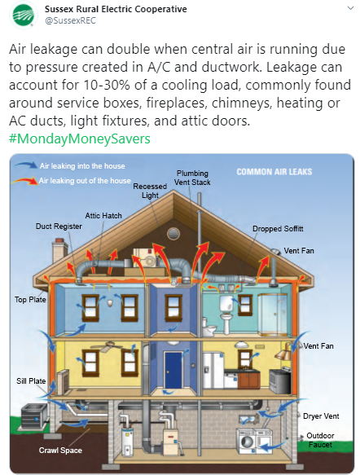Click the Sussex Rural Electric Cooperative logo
[x=24, y=15]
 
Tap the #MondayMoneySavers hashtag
[x=80, y=139]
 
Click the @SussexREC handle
[x=70, y=20]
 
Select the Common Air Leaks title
[x=274, y=172]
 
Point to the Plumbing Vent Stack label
[x=192, y=178]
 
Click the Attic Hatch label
[x=103, y=216]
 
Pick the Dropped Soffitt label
[x=278, y=229]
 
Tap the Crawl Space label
[x=60, y=451]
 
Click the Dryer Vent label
[x=321, y=416]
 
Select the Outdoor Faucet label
[x=320, y=440]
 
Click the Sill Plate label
[x=31, y=380]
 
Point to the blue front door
[x=173, y=370]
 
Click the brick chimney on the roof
[x=60, y=249]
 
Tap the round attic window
[x=173, y=234]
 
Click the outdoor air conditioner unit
[x=34, y=416]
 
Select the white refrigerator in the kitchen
[x=213, y=370]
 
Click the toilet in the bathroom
[x=209, y=327]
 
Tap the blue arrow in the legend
[x=26, y=165]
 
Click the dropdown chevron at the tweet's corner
[x=350, y=8]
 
